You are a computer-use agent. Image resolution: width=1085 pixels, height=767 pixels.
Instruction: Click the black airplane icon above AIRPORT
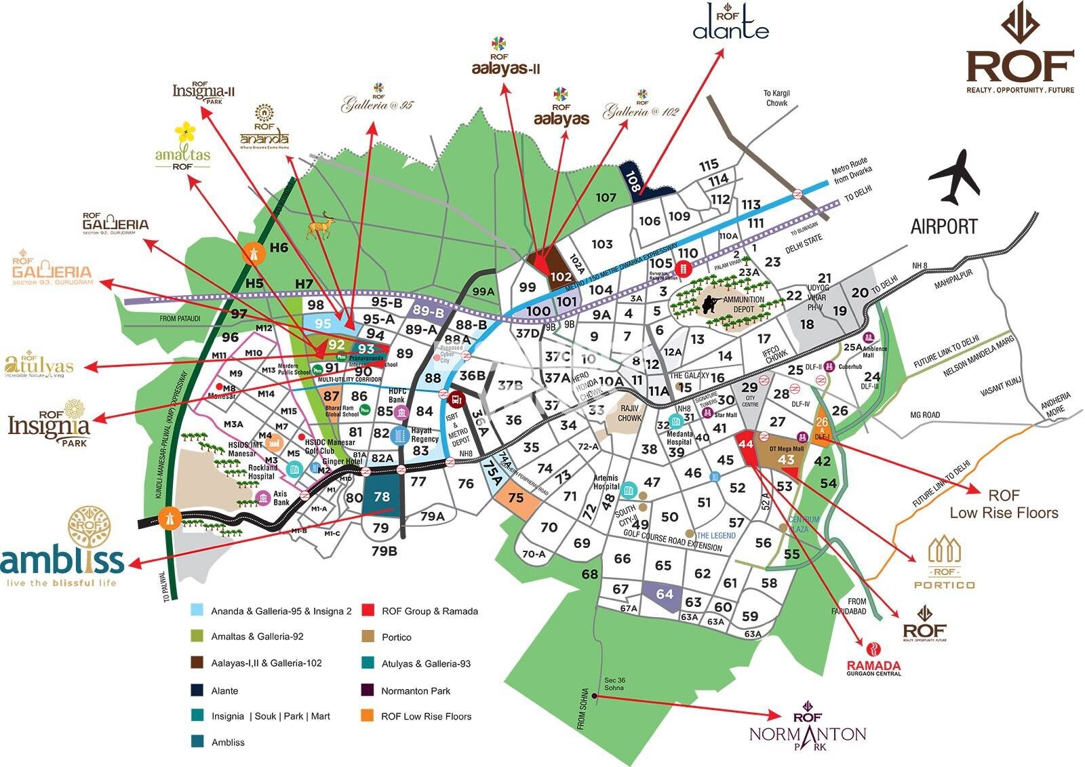tap(955, 178)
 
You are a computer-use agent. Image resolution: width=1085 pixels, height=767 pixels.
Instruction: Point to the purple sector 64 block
tap(663, 595)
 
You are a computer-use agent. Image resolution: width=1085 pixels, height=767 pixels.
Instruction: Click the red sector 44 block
tap(747, 447)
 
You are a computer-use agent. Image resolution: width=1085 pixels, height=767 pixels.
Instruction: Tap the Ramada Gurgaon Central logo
tap(873, 661)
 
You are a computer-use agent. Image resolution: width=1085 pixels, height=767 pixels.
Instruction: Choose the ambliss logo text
tap(62, 561)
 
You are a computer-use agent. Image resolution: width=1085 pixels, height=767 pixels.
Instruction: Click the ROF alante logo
tap(730, 23)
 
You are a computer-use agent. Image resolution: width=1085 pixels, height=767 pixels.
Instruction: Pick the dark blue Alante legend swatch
tap(197, 690)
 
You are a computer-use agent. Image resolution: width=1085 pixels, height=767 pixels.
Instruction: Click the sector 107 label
tap(606, 197)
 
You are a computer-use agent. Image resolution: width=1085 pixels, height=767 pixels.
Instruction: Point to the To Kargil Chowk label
tap(776, 98)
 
